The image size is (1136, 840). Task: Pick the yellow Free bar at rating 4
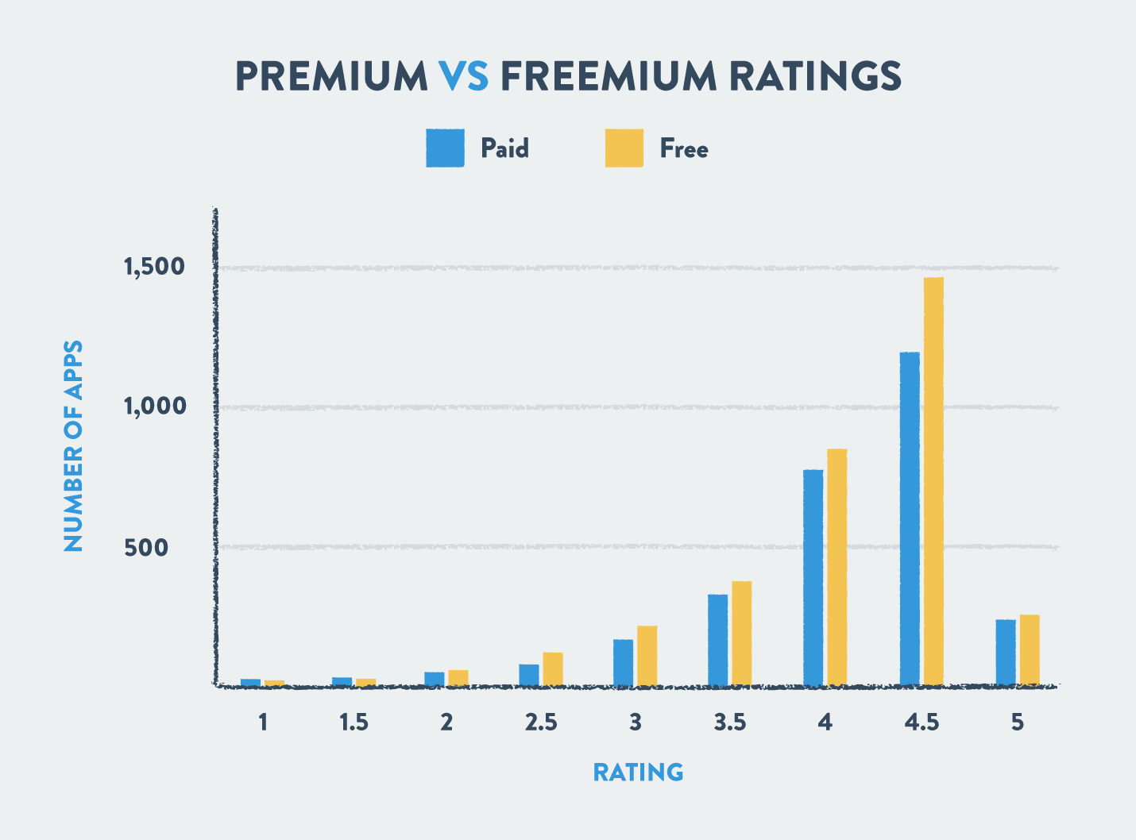837,567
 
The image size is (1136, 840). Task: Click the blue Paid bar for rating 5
1006,652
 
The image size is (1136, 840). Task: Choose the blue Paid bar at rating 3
624,662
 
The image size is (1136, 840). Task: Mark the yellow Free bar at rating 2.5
553,669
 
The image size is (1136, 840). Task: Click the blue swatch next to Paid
445,148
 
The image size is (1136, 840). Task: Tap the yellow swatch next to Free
624,148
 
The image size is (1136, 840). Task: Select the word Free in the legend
684,148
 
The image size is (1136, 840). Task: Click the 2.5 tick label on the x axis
540,722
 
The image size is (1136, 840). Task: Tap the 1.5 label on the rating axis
354,722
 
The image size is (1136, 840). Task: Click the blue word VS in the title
464,76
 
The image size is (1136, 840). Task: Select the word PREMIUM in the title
332,76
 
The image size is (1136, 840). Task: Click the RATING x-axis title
638,772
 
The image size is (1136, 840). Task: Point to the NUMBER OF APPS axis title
73,446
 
